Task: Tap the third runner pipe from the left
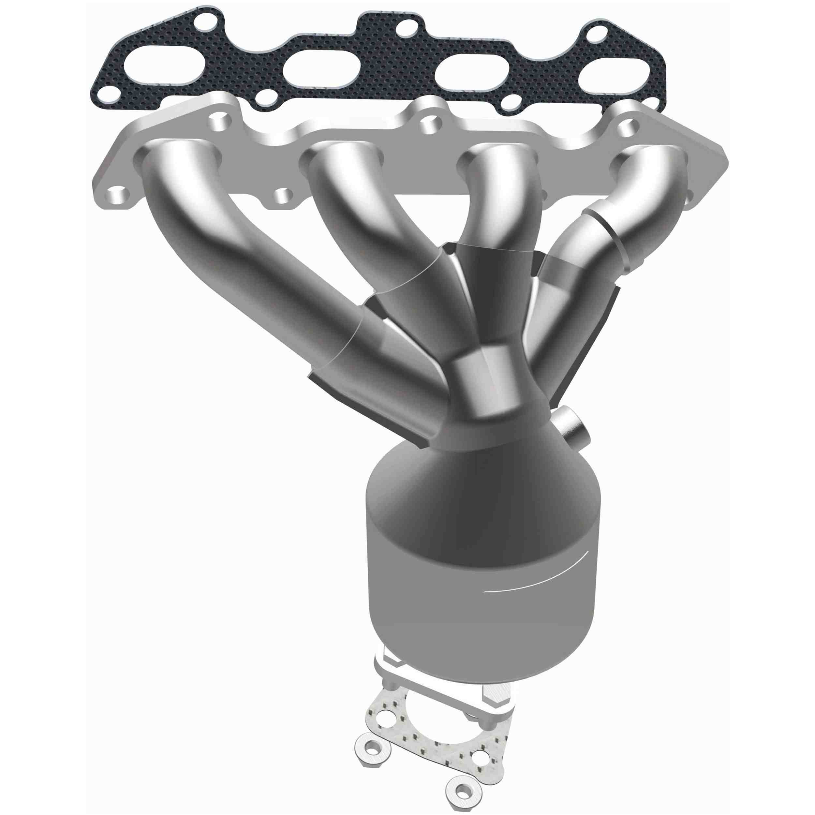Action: [x=498, y=211]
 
